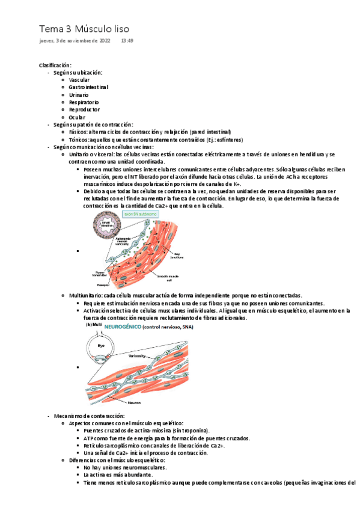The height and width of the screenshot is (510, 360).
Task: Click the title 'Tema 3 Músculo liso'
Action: pyautogui.click(x=84, y=29)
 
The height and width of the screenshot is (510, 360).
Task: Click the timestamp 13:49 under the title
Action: pyautogui.click(x=127, y=41)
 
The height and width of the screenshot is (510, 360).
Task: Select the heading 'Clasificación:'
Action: pyautogui.click(x=55, y=65)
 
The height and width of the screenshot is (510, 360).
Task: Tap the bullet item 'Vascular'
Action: pyautogui.click(x=80, y=80)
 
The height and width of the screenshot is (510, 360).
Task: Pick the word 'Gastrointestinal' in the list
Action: pyautogui.click(x=88, y=87)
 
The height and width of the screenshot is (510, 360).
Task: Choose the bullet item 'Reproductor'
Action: pyautogui.click(x=84, y=109)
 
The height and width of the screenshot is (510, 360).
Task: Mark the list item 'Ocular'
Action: pyautogui.click(x=77, y=117)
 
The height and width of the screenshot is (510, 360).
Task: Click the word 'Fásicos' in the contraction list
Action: pyautogui.click(x=78, y=132)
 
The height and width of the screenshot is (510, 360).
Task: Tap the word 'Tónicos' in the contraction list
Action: pyautogui.click(x=79, y=139)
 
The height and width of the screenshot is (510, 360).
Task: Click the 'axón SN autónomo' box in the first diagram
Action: pyautogui.click(x=138, y=214)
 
